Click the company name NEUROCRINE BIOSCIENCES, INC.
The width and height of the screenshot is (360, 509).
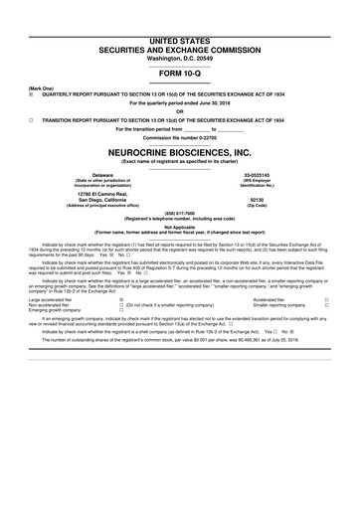179,154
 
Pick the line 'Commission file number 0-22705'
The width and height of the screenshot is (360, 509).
179,137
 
